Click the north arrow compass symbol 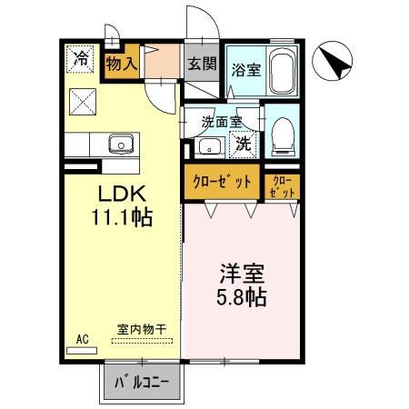[x=332, y=61]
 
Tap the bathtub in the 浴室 [x=282, y=71]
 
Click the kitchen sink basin [x=121, y=145]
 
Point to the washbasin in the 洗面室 [x=209, y=147]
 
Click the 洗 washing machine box [x=243, y=145]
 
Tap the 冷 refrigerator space [x=80, y=59]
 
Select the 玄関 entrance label [x=202, y=64]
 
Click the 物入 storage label [x=121, y=64]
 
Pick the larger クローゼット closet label [x=222, y=182]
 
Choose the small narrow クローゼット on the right [x=282, y=187]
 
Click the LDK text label [x=122, y=194]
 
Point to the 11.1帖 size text [x=122, y=217]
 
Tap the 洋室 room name [x=242, y=274]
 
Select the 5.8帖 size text [x=242, y=297]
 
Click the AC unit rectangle [x=82, y=351]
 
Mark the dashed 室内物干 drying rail [x=142, y=341]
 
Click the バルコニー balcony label [x=142, y=384]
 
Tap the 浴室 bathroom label [x=246, y=70]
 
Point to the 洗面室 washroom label [x=222, y=122]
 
